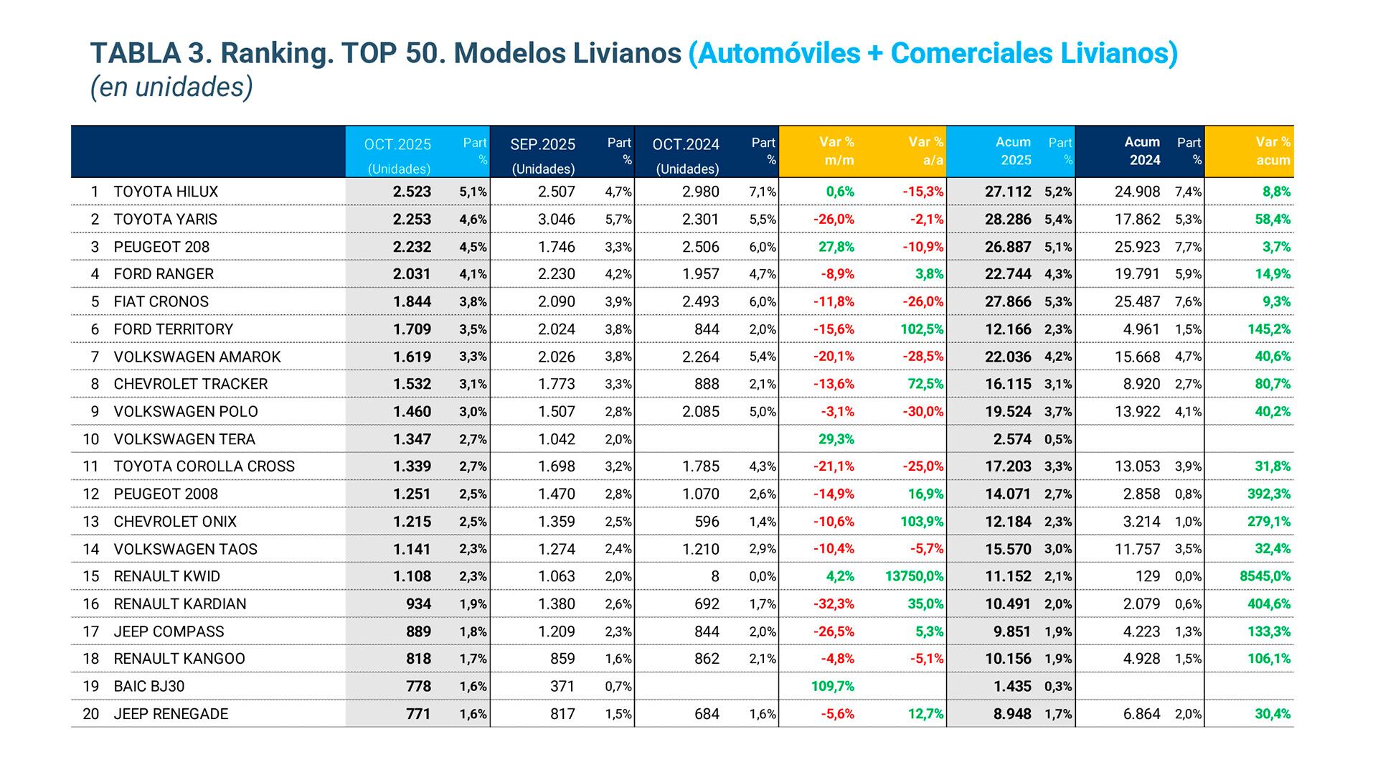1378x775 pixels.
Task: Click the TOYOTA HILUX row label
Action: point(166,192)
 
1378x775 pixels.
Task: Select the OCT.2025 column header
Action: point(397,145)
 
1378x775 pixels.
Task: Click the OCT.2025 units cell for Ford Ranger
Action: point(412,274)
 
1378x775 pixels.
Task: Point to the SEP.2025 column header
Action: point(542,145)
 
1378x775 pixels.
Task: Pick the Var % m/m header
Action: point(836,151)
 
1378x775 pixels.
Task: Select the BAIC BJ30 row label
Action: point(149,686)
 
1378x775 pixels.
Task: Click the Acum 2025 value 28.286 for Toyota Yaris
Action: point(1007,220)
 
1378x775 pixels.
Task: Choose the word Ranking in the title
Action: point(277,53)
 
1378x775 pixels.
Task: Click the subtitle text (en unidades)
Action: point(171,87)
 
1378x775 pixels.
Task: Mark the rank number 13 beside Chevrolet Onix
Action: point(90,522)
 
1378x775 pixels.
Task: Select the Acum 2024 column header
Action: point(1143,151)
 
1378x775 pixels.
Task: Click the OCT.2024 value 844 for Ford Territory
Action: point(707,329)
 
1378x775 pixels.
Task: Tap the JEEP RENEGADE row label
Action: point(171,714)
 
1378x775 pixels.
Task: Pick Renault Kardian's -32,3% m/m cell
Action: point(833,604)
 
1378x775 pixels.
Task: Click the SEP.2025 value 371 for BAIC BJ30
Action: point(562,686)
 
